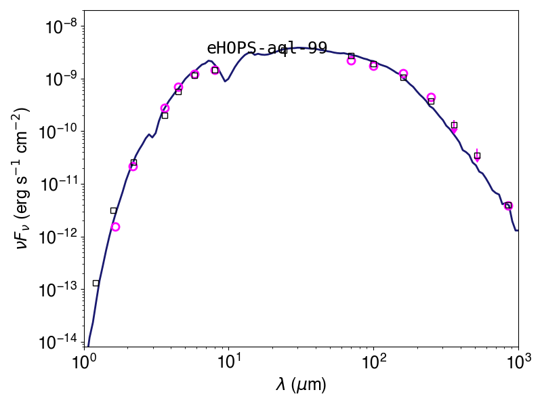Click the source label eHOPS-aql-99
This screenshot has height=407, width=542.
(267, 48)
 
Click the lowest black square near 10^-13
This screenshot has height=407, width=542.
(96, 283)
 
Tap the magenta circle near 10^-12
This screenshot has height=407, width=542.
(115, 227)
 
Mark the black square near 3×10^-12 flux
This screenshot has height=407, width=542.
(113, 210)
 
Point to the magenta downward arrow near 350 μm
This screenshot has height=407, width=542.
(454, 128)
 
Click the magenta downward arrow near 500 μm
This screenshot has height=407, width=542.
(477, 156)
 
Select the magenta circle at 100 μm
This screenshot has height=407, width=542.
(373, 66)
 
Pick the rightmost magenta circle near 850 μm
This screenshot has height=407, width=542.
(508, 206)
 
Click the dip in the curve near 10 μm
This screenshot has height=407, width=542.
(225, 81)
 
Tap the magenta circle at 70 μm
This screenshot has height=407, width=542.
(351, 60)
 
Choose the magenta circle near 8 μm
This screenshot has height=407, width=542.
(215, 71)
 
